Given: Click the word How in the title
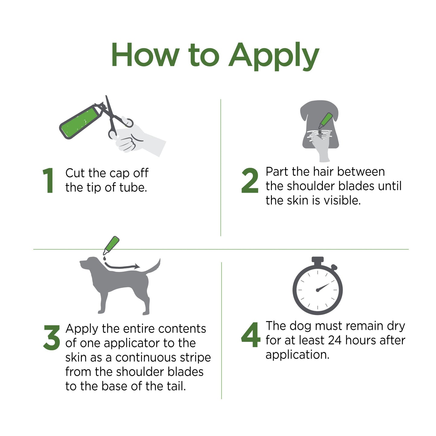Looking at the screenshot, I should [x=145, y=55].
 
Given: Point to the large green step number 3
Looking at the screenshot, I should [x=52, y=338].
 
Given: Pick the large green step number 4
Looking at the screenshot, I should [x=250, y=335].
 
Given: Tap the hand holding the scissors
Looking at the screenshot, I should [x=136, y=139].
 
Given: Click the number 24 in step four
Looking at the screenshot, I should [x=335, y=340].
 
